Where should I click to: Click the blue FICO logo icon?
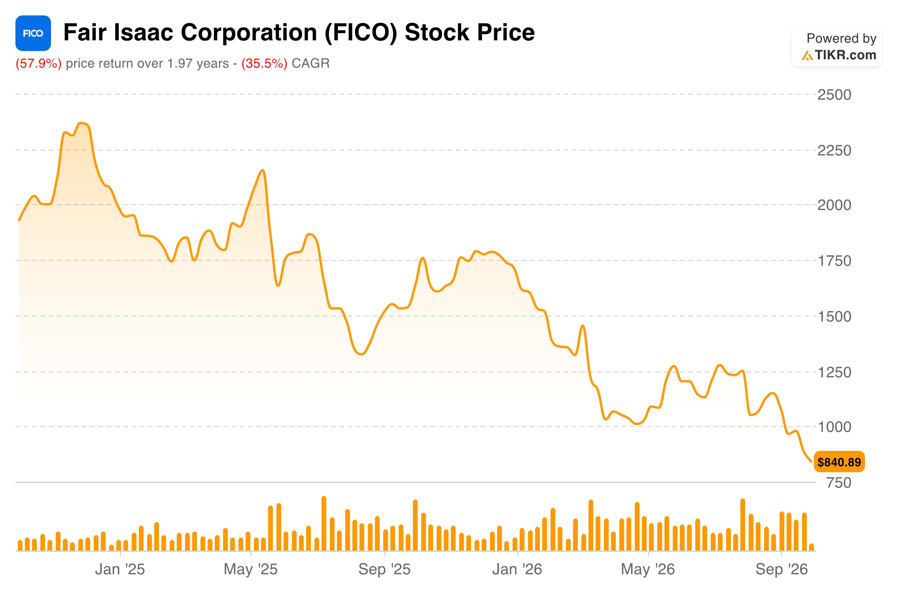pyautogui.click(x=33, y=33)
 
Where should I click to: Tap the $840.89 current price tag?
pyautogui.click(x=839, y=462)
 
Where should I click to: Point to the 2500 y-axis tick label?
pyautogui.click(x=834, y=95)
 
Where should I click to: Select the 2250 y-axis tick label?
pyautogui.click(x=834, y=151)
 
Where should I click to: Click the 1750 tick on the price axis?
pyautogui.click(x=834, y=261)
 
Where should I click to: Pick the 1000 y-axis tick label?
pyautogui.click(x=834, y=427)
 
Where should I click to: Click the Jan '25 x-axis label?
pyautogui.click(x=120, y=569)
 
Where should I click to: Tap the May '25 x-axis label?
pyautogui.click(x=251, y=569)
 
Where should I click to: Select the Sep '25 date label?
pyautogui.click(x=384, y=569)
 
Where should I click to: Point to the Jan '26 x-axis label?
pyautogui.click(x=517, y=569)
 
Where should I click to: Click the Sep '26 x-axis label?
pyautogui.click(x=782, y=569)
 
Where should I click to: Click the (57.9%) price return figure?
pyautogui.click(x=39, y=63)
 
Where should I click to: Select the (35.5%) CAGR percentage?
pyautogui.click(x=264, y=63)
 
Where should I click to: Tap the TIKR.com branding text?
pyautogui.click(x=845, y=55)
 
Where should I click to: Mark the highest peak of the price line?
pyautogui.click(x=82, y=123)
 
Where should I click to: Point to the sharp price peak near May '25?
pyautogui.click(x=263, y=171)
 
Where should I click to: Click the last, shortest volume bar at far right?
pyautogui.click(x=812, y=547)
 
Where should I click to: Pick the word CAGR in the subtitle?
pyautogui.click(x=311, y=63)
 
